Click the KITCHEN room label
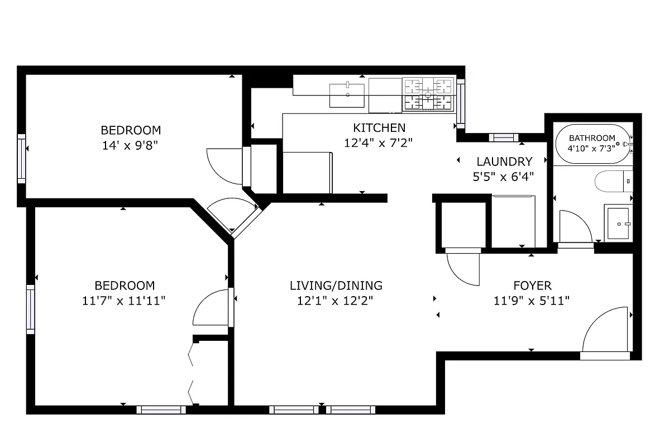379,128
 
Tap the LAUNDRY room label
504,162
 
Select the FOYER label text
532,286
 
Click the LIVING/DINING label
336,286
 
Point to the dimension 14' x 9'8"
131,145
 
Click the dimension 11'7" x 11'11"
123,301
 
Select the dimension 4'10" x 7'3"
591,149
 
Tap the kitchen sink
347,95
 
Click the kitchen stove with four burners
428,93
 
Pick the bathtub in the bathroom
592,144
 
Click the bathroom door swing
574,226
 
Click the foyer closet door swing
463,269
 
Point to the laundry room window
503,137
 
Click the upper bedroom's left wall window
21,158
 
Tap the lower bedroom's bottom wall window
161,410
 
